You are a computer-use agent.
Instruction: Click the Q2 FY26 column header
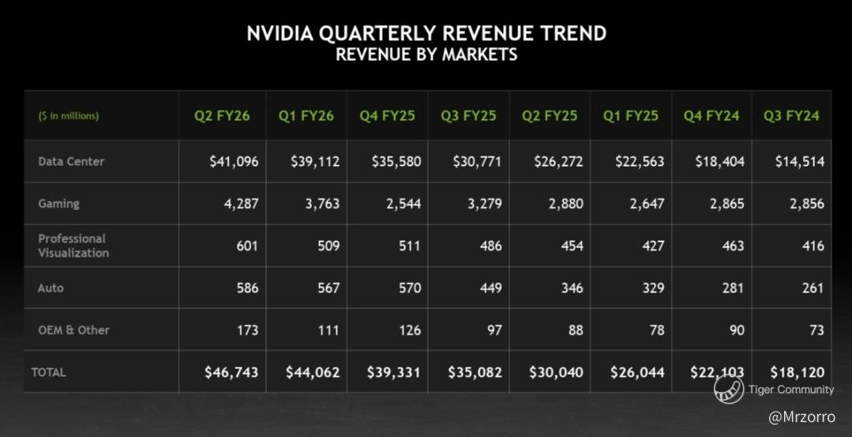click(x=222, y=115)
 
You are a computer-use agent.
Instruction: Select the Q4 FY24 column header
click(x=711, y=115)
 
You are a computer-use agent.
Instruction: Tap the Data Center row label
click(x=71, y=161)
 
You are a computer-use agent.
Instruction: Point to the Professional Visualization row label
click(x=73, y=246)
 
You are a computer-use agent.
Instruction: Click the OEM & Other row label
click(x=73, y=330)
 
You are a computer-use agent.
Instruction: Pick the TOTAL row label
click(x=49, y=371)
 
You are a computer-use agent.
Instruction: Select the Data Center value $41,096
click(x=234, y=161)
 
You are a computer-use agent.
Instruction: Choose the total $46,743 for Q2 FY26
click(x=231, y=372)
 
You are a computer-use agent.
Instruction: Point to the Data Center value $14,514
click(x=799, y=161)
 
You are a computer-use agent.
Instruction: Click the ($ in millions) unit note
click(x=69, y=115)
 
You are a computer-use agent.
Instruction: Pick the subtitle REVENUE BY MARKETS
click(x=426, y=55)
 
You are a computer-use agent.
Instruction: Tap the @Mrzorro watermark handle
click(x=801, y=416)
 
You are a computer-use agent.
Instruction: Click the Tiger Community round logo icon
click(x=728, y=388)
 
